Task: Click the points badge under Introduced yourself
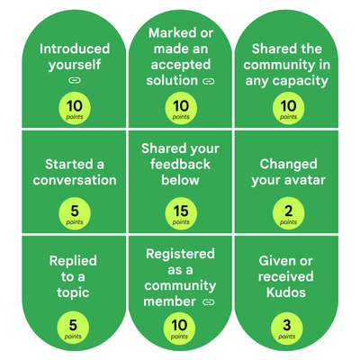75,108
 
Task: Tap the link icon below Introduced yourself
75,80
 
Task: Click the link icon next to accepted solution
209,81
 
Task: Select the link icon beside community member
209,302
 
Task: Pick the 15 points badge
181,213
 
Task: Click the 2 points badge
288,213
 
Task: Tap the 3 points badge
287,328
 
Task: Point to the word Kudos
286,292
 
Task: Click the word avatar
306,180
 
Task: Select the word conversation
75,180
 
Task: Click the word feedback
180,165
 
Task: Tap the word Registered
180,255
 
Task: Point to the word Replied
73,261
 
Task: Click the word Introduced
75,49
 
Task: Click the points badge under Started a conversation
75,213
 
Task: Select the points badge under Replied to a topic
73,328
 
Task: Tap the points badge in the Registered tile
179,328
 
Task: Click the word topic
73,292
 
